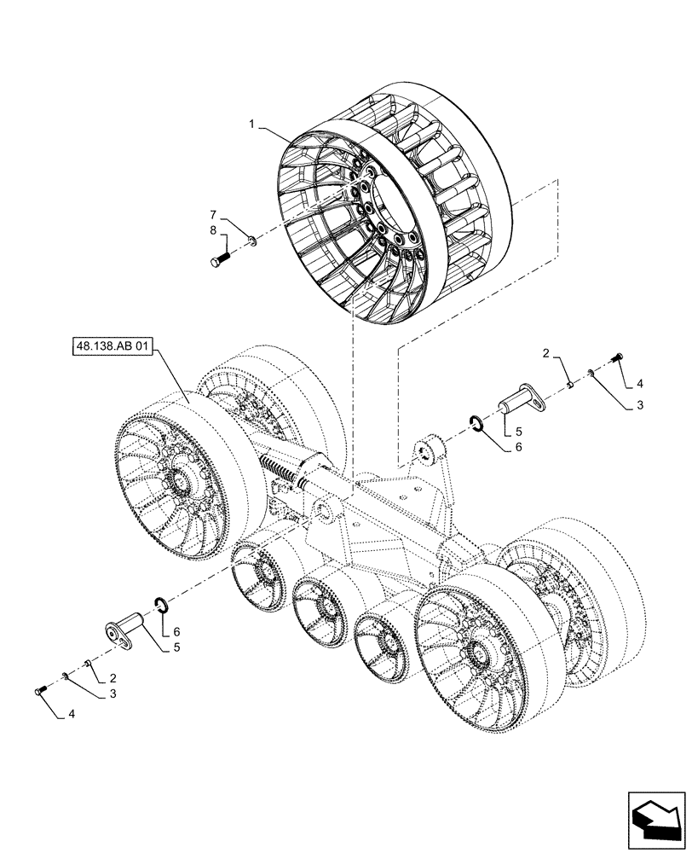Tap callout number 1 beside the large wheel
(x=253, y=124)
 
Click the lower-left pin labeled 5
(x=126, y=630)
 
